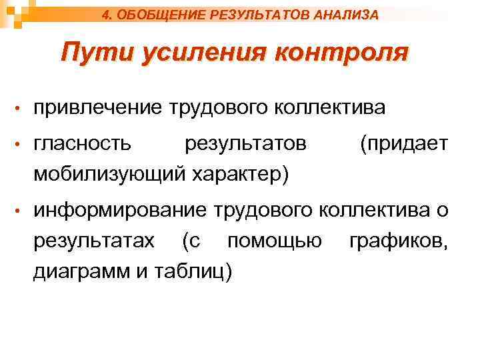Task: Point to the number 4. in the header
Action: point(110,13)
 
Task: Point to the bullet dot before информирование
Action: point(21,212)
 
